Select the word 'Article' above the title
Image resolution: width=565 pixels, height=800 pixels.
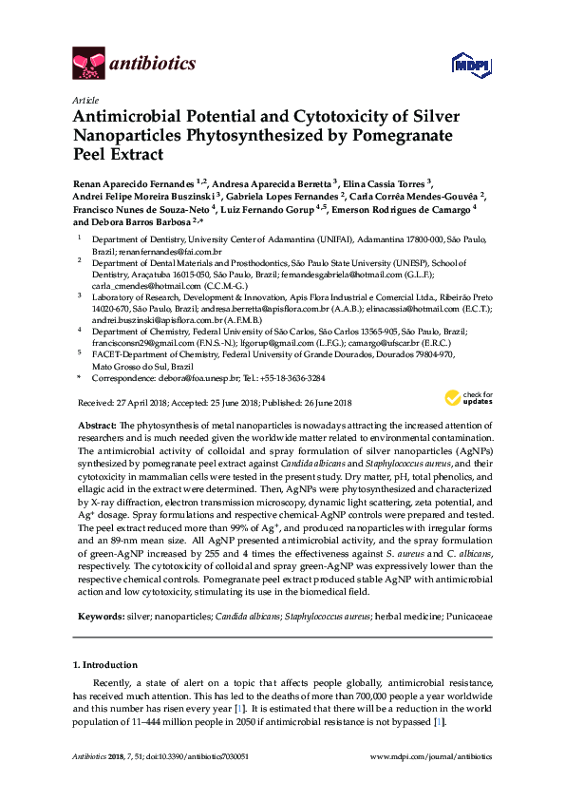pos(84,99)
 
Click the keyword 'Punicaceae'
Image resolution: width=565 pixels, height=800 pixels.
pos(462,617)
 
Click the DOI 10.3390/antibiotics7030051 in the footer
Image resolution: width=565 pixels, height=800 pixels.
pos(194,757)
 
